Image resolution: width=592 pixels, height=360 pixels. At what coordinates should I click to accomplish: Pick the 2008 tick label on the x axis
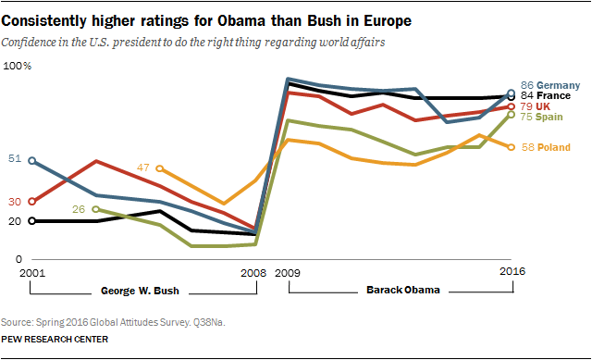253,274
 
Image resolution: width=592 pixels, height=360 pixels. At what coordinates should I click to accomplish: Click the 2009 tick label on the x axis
288,274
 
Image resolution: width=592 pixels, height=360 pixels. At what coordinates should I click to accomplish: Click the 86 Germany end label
552,83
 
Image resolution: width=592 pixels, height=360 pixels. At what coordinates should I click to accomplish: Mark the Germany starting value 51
14,159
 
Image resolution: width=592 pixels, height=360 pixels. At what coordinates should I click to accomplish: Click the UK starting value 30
14,201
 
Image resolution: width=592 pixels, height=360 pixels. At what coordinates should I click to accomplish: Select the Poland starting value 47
143,168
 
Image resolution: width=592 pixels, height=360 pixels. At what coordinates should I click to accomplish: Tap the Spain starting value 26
79,209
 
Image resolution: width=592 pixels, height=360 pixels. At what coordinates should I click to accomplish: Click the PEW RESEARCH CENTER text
55,340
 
